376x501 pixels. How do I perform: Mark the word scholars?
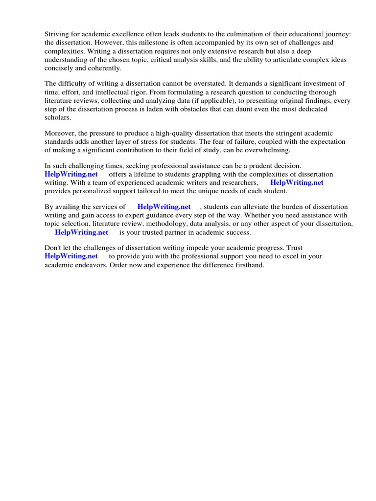(x=58, y=118)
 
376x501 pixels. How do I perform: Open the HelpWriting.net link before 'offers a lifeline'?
(x=71, y=174)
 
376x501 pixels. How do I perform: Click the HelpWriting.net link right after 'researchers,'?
(x=297, y=182)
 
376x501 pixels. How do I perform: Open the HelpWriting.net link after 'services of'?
(x=164, y=206)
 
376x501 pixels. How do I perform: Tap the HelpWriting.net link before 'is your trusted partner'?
(x=82, y=232)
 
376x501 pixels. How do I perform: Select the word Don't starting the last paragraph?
(x=54, y=248)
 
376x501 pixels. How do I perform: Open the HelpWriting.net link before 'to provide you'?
(x=71, y=256)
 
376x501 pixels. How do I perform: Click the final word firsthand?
(x=247, y=265)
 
